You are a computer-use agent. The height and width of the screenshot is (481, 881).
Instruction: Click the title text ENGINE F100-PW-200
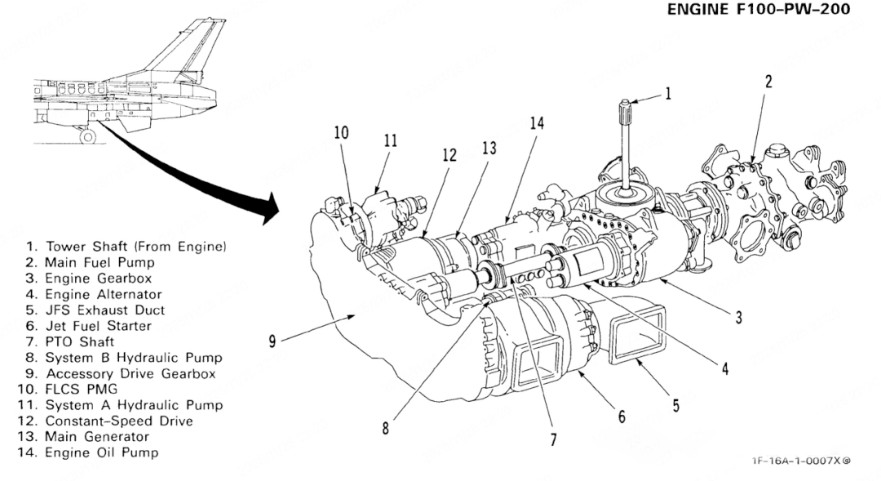tap(759, 10)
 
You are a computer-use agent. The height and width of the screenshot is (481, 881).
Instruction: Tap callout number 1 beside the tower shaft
tap(668, 93)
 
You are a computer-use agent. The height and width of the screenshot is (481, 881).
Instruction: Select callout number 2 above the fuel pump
tap(768, 82)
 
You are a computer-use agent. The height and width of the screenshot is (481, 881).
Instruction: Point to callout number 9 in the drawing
tap(272, 341)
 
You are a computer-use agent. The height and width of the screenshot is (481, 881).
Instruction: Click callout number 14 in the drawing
tap(537, 122)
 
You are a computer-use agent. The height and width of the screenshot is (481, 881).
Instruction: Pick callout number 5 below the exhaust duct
tap(676, 405)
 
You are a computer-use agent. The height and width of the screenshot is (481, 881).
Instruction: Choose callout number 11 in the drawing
tap(391, 140)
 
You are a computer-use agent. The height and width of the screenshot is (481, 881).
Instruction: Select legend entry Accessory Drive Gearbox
tap(121, 373)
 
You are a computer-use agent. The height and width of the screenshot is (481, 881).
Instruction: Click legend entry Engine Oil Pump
tap(89, 453)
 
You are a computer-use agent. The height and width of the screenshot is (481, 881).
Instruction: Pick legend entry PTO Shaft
tap(70, 341)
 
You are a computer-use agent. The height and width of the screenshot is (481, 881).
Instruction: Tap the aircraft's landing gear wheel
tap(87, 136)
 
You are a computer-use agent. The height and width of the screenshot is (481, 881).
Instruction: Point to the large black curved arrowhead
tap(268, 208)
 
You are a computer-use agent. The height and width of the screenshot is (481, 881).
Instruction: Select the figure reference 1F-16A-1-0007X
tap(797, 461)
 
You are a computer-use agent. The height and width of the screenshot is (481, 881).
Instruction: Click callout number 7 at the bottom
tap(553, 439)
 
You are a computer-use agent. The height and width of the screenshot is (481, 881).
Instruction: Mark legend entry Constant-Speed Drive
tap(105, 421)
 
